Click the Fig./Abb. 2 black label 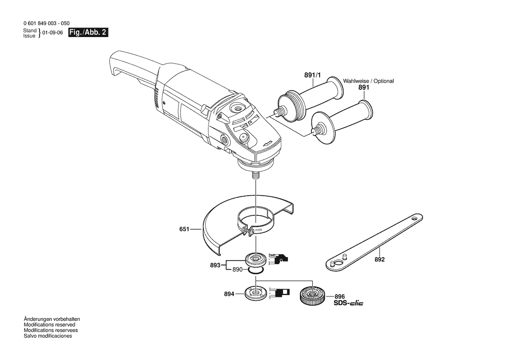tap(88, 33)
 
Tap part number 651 tap(184, 229)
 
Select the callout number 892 tap(380, 259)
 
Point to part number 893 tap(215, 265)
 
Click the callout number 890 tap(237, 269)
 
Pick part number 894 tap(229, 294)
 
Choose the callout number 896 tap(340, 296)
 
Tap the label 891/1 tap(312, 75)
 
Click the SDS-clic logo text tap(349, 303)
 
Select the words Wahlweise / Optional tap(368, 81)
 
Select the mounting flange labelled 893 tap(256, 260)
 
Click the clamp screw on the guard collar tap(249, 231)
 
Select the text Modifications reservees tap(51, 330)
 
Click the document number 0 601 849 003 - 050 tap(47, 24)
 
